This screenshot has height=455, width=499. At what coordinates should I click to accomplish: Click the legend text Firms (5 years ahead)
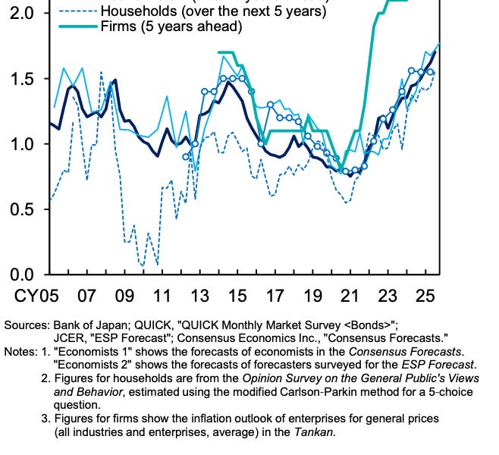coord(171,28)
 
